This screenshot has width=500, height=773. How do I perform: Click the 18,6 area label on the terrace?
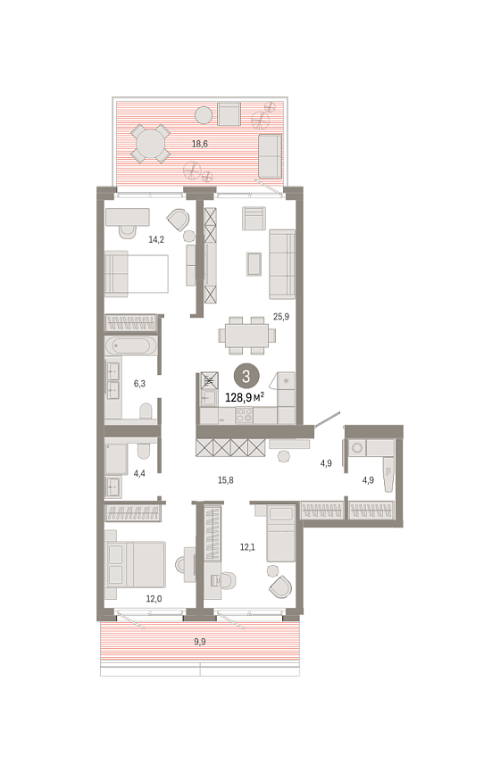(x=200, y=144)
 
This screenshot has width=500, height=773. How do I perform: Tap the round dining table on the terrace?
(x=150, y=144)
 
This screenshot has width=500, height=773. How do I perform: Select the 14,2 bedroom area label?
(x=156, y=239)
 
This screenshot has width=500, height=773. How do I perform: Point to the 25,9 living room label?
(x=281, y=317)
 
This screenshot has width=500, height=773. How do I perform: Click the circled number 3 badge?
(x=246, y=377)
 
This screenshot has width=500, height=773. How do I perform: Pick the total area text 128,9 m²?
(x=245, y=397)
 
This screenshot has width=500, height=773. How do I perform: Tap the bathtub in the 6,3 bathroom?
(x=130, y=346)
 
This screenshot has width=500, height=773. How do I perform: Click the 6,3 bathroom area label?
(x=139, y=383)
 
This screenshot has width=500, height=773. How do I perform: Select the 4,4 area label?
(x=139, y=474)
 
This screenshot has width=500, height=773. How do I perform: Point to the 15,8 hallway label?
(x=225, y=479)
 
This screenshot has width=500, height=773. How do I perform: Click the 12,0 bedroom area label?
(x=154, y=599)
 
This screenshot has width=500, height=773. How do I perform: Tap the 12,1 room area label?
(x=247, y=546)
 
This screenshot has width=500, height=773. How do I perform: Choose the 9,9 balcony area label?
(x=200, y=642)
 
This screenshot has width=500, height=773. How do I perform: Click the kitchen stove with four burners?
(x=244, y=416)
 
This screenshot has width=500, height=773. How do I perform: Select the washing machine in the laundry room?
(x=357, y=448)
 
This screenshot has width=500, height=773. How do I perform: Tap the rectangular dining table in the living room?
(x=247, y=336)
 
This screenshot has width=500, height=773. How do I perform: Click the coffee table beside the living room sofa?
(x=254, y=264)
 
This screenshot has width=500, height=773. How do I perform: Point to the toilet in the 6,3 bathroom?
(x=146, y=411)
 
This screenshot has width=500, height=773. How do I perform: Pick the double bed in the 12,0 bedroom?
(x=136, y=564)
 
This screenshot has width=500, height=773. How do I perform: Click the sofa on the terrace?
(x=271, y=156)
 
